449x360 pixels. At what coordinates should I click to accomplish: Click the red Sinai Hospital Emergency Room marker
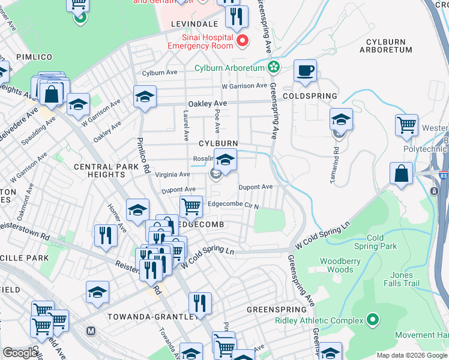[243, 41]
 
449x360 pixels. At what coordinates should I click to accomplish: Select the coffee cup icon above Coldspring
[305, 70]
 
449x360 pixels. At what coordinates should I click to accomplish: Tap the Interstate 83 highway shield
[435, 191]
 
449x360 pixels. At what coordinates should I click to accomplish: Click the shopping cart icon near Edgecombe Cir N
[191, 206]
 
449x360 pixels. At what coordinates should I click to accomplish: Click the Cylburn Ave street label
[160, 73]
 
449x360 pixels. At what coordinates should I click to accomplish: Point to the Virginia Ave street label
[173, 175]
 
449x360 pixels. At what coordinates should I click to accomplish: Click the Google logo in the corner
[20, 353]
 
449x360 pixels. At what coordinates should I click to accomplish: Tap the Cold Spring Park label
[375, 242]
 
